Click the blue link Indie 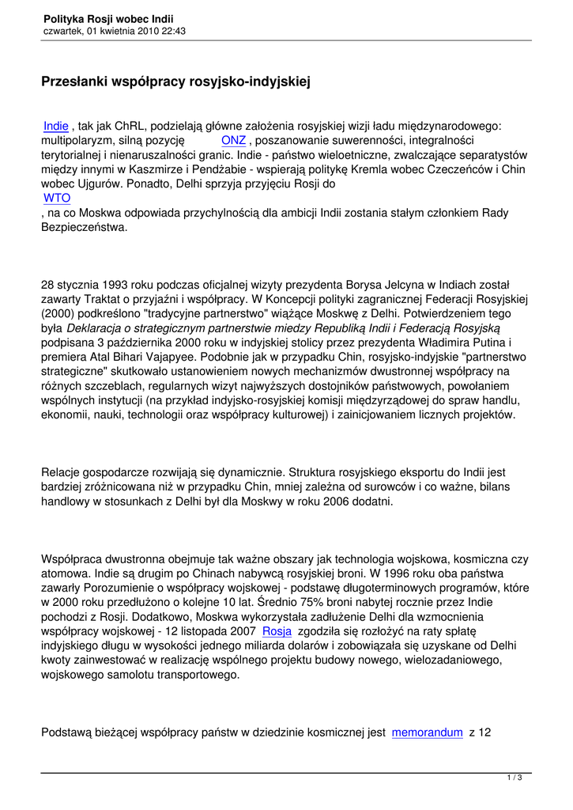click(55, 126)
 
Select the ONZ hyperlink click(233, 140)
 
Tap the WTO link click(57, 198)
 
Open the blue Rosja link click(277, 631)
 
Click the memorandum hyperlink click(427, 732)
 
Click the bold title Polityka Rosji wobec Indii click(109, 17)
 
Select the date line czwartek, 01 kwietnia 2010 click(115, 31)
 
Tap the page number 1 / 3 click(515, 778)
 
